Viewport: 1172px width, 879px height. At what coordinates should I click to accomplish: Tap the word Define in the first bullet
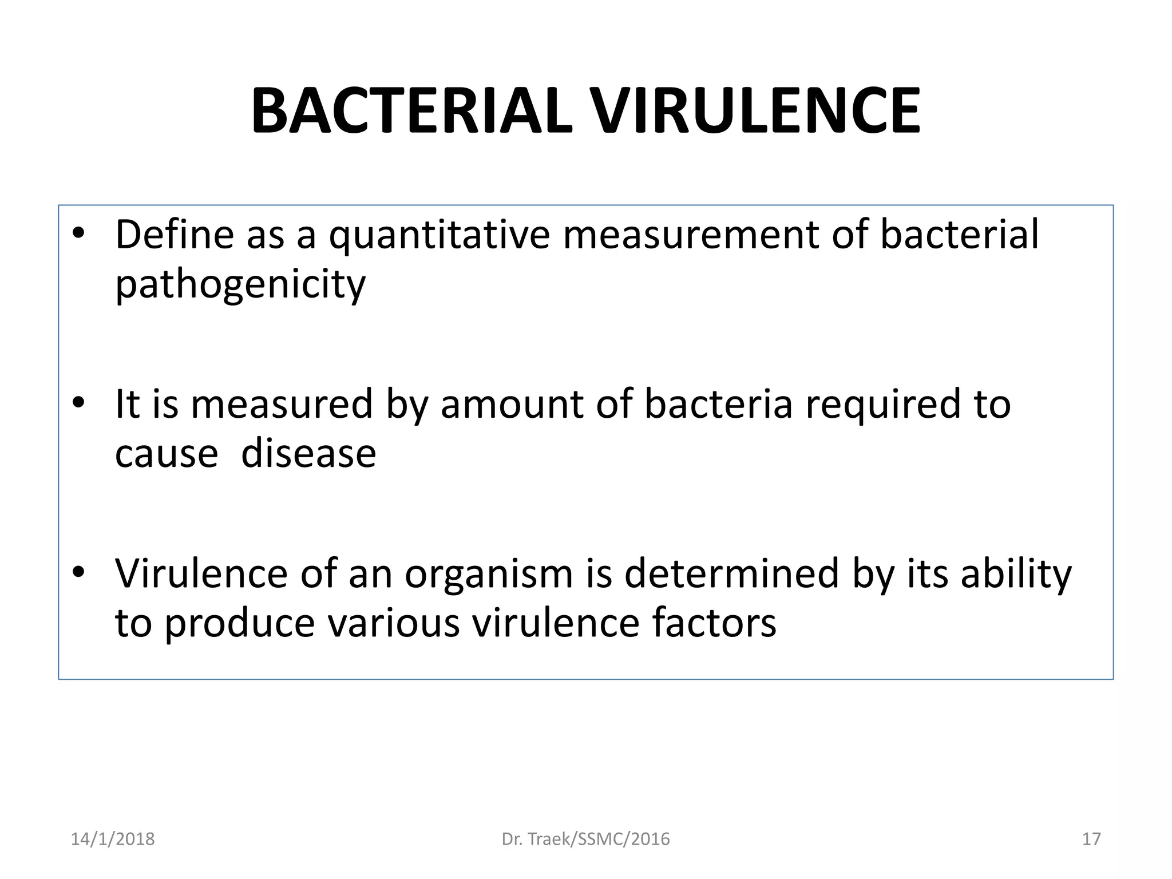point(175,235)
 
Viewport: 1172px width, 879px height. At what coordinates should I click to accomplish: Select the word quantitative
point(439,236)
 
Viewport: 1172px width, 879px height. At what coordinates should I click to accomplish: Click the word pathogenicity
point(240,284)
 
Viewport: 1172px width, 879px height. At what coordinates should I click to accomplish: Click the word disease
point(308,453)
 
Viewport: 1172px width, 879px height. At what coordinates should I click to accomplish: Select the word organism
point(489,575)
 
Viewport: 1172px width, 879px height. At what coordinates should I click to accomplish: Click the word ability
point(1016,575)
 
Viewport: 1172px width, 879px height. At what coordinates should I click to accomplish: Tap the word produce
point(240,624)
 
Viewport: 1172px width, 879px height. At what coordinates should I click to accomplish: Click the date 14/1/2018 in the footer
point(113,839)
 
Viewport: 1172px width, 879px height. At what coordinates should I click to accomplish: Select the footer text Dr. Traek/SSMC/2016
point(585,839)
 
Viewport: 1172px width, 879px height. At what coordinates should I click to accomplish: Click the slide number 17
point(1091,839)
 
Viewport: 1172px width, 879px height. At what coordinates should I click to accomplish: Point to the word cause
point(167,454)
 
